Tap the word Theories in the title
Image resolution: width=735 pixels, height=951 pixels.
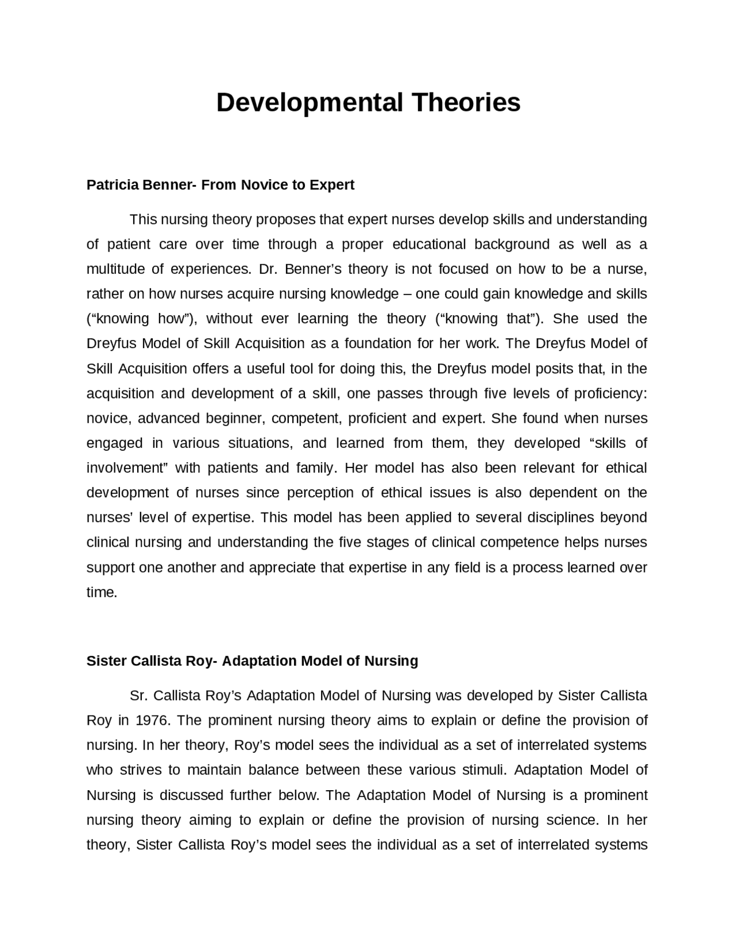tap(465, 103)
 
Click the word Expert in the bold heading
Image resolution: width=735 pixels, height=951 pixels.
tap(332, 185)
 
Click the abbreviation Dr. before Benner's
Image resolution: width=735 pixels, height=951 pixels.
tap(268, 269)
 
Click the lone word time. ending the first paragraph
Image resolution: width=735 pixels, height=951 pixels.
tap(102, 593)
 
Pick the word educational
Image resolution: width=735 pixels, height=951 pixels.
tap(429, 245)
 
